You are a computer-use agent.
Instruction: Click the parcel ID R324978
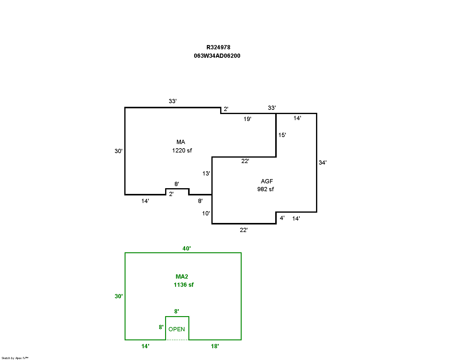tap(218, 47)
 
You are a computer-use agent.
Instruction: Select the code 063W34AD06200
tap(217, 56)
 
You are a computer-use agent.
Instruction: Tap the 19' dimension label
tap(247, 119)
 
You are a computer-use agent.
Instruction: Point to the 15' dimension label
tap(282, 135)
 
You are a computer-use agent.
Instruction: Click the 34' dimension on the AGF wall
tap(322, 162)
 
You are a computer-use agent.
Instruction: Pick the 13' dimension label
tap(206, 173)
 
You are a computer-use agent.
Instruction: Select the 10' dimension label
tap(206, 213)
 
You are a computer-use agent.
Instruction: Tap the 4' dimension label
tap(282, 218)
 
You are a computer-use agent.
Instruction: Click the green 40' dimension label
tap(187, 248)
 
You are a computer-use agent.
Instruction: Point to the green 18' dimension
tap(215, 346)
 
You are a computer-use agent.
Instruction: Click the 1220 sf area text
tap(182, 150)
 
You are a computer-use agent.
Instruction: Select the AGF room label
tap(267, 181)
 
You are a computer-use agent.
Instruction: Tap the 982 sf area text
tap(266, 189)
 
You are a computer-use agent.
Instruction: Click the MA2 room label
tap(182, 277)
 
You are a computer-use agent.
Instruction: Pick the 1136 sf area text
tap(184, 285)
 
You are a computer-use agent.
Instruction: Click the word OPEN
tap(177, 329)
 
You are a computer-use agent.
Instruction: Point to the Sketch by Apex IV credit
tap(15, 358)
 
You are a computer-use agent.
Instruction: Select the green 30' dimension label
tap(119, 296)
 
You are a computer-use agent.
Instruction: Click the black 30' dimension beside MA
tap(119, 151)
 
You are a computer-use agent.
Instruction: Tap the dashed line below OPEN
tap(177, 340)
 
